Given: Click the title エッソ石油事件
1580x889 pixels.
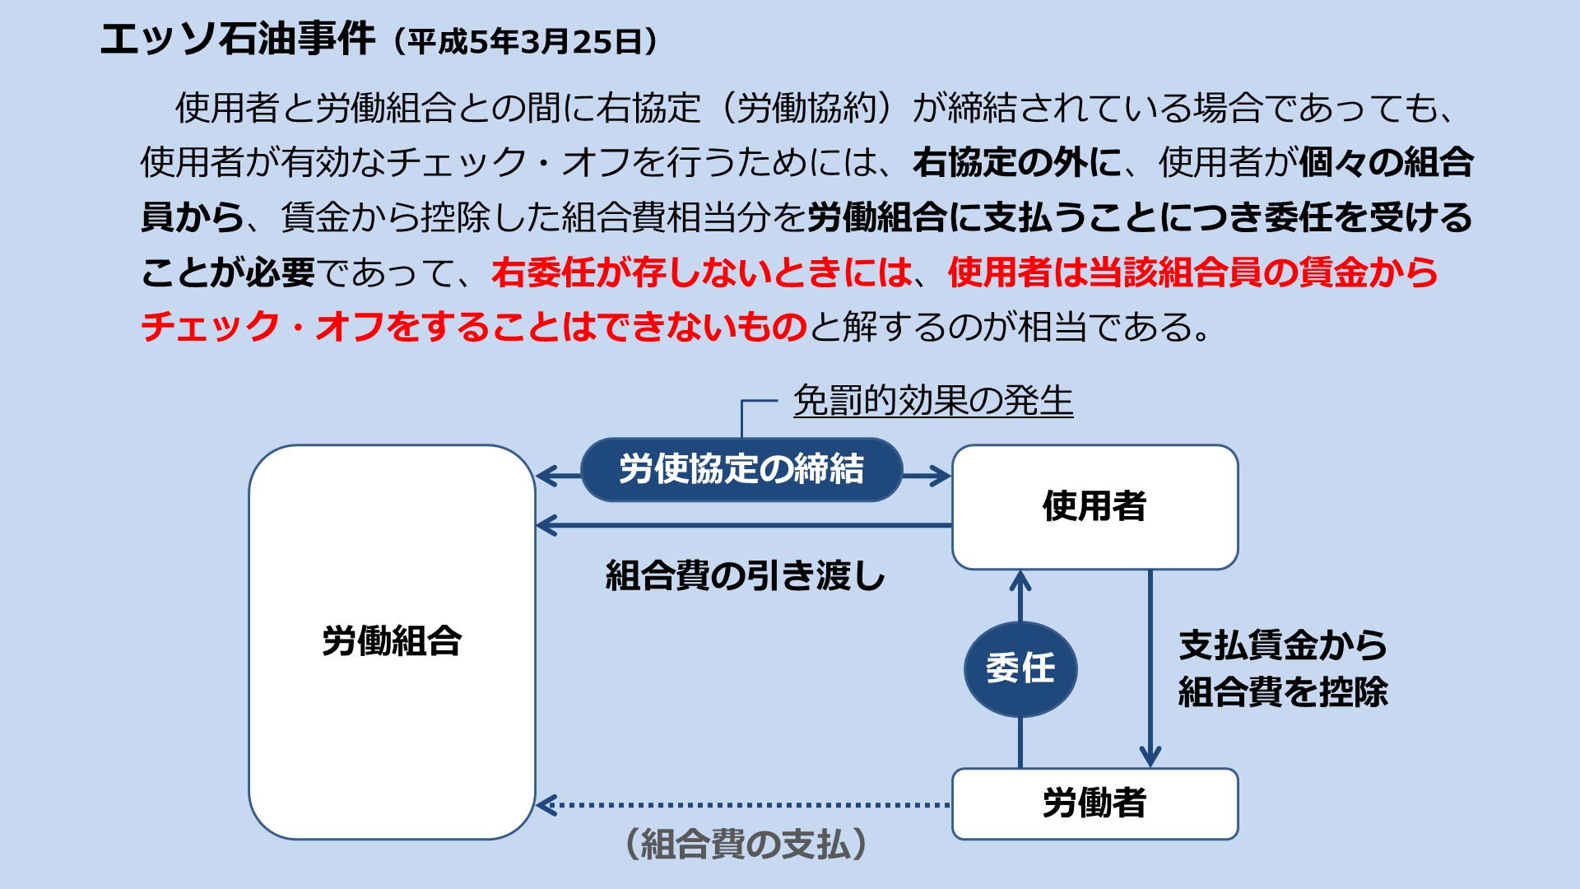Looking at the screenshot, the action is click(238, 39).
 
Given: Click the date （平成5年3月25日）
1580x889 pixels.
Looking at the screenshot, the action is click(525, 41).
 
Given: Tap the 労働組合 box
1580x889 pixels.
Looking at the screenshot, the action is click(392, 642).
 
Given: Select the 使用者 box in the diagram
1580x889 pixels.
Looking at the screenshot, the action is click(1095, 507).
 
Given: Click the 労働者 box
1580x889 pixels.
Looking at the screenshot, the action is click(1095, 803).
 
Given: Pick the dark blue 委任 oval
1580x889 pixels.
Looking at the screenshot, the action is click(1020, 668).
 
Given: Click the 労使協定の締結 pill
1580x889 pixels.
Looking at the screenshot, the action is click(741, 470).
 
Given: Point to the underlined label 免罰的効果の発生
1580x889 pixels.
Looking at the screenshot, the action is click(933, 401).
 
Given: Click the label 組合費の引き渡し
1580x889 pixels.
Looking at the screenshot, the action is click(745, 575).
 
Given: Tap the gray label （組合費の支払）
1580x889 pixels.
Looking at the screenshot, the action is click(746, 844).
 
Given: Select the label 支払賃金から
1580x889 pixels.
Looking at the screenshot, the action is click(1283, 645).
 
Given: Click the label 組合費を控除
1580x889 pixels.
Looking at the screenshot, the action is click(1283, 691).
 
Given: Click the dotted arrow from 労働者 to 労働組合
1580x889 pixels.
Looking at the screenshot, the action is click(744, 805).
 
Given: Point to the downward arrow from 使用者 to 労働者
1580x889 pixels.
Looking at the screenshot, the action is click(1150, 668).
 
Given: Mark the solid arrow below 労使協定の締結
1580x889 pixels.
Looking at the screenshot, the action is click(744, 525).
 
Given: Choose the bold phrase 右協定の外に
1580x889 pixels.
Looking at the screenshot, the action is click(1017, 162).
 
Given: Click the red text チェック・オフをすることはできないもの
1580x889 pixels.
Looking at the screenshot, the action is click(474, 327).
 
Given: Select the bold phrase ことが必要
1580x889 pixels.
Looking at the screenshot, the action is click(228, 272).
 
